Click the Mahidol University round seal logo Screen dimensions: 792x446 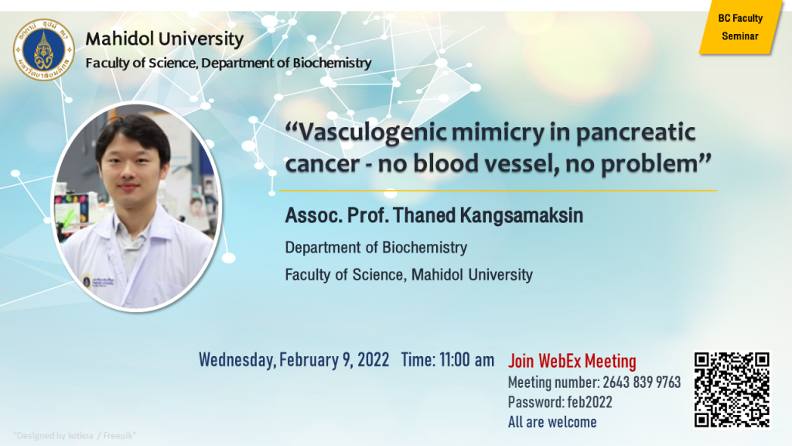[44, 50]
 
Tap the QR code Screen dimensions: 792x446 [732, 389]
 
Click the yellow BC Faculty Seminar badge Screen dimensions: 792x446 [740, 27]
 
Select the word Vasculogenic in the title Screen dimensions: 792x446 [372, 132]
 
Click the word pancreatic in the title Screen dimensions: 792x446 [636, 132]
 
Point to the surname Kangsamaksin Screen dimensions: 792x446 [521, 216]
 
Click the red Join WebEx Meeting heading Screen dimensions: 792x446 [572, 361]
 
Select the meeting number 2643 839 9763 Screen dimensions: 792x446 [641, 383]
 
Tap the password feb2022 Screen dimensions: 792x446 [589, 403]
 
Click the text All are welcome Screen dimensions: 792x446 [552, 422]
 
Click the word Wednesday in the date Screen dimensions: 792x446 [237, 360]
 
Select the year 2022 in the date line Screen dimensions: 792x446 [374, 360]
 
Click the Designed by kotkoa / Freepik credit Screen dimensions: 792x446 [75, 435]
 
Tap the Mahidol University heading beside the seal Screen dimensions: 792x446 [165, 39]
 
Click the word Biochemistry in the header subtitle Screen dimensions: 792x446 [332, 63]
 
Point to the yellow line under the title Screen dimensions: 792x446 [498, 190]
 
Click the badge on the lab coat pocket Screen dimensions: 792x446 [87, 280]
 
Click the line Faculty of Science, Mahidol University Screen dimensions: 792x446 [408, 275]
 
